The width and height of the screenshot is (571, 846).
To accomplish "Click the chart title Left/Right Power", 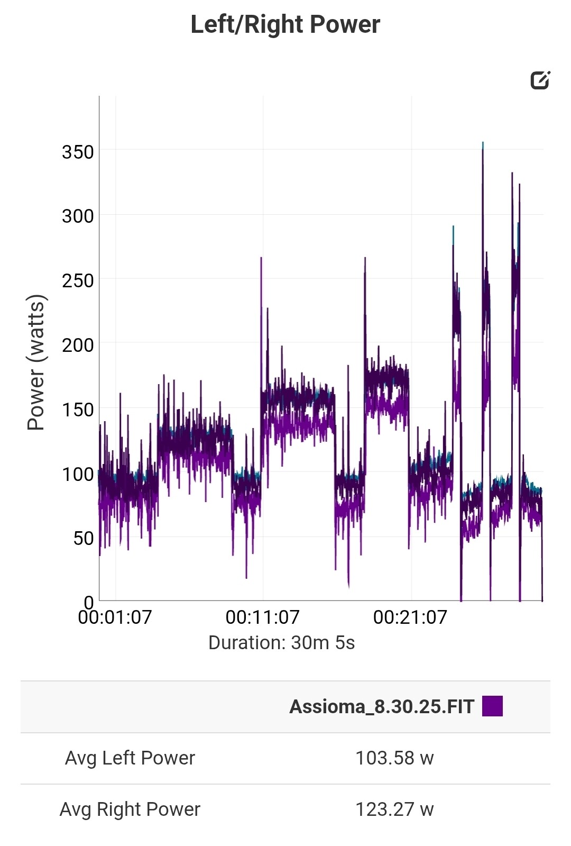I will click(x=285, y=24).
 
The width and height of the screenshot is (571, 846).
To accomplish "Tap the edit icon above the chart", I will click(x=540, y=80).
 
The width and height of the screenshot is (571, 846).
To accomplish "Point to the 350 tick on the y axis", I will click(x=78, y=152).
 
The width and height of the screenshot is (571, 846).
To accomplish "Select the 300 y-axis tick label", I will click(x=78, y=216).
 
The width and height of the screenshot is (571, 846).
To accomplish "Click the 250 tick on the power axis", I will click(x=78, y=281).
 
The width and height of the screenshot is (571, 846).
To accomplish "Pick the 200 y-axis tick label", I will click(x=78, y=345).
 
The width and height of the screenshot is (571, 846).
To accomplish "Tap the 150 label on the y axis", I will click(x=78, y=410).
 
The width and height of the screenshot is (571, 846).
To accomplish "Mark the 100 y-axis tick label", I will click(x=78, y=475).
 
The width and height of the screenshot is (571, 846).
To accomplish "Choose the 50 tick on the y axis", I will click(x=84, y=539).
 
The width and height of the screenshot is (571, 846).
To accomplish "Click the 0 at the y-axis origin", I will click(x=89, y=602).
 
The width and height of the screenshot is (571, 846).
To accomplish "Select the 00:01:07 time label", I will click(x=115, y=617).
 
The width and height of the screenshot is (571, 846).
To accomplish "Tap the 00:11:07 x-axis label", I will click(x=262, y=617).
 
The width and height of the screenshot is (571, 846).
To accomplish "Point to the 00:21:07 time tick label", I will click(x=410, y=617).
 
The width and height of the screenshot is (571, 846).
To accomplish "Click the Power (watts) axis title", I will click(x=37, y=362).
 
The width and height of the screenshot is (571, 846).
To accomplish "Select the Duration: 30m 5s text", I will click(x=281, y=643).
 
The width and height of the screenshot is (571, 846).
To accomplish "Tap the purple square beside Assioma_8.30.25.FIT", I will click(x=492, y=706).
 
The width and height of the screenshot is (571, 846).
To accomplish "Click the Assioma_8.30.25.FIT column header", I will click(x=382, y=707).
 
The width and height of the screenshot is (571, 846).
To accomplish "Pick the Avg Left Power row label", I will click(x=130, y=758).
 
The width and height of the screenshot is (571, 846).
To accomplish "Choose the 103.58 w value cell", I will click(x=394, y=758).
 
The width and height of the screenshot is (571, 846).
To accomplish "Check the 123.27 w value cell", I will click(x=394, y=809).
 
